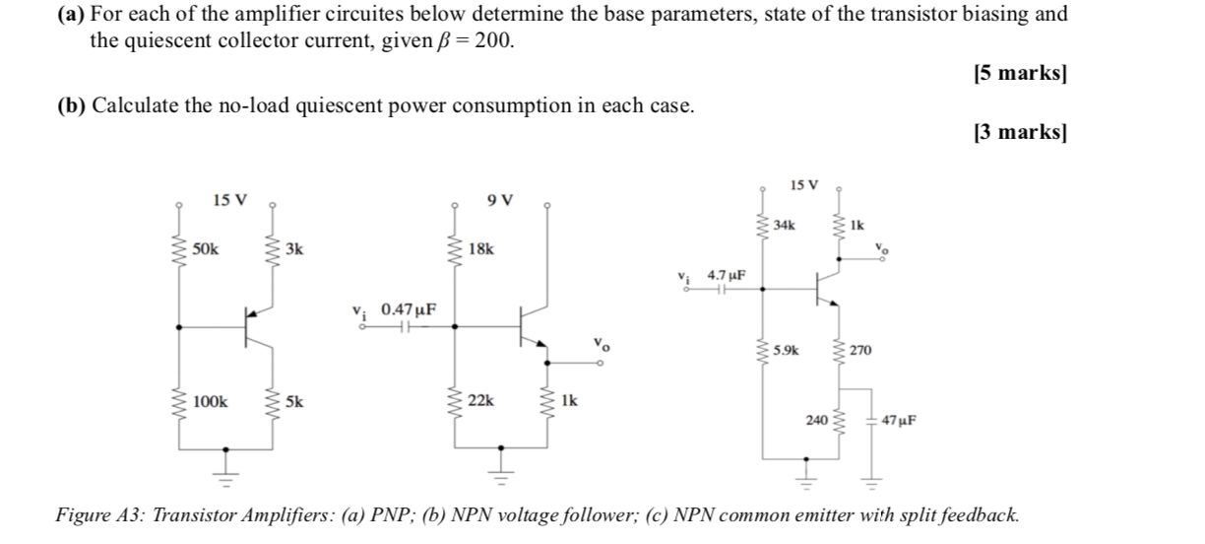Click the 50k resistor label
207,249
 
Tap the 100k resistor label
210,401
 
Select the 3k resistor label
294,249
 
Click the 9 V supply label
499,201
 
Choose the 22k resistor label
481,401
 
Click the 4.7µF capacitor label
728,275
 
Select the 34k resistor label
785,226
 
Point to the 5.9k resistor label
788,350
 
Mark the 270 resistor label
861,350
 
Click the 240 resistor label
816,419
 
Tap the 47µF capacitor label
899,419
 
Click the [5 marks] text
1019,74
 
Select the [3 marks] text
1019,132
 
